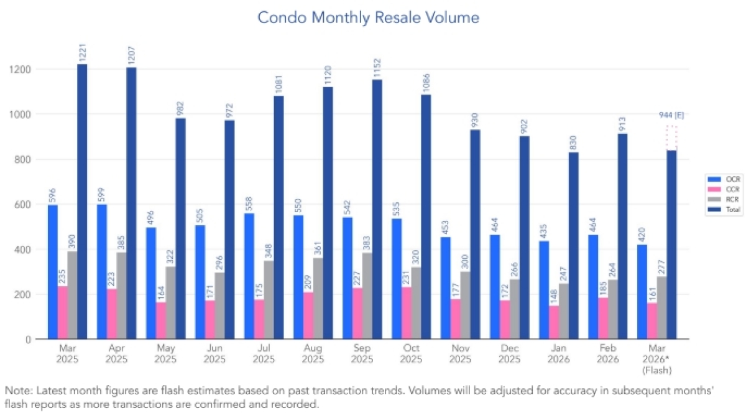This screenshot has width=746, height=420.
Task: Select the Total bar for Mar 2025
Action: coord(82,202)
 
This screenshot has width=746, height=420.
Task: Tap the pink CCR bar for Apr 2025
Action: coord(112,314)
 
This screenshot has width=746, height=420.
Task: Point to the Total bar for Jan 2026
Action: coord(573,246)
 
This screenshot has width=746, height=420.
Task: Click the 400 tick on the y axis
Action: coord(22,250)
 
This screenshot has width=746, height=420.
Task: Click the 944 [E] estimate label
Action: coord(671,115)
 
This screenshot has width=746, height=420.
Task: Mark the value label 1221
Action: coord(83,52)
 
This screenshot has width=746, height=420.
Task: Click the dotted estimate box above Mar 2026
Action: coord(671,138)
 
